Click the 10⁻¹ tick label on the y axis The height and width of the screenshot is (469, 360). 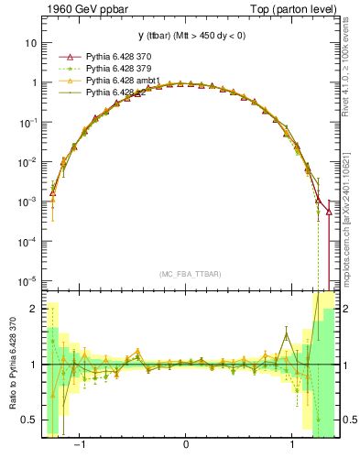click(x=27, y=122)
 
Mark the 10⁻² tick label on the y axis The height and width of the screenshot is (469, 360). click(x=27, y=161)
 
